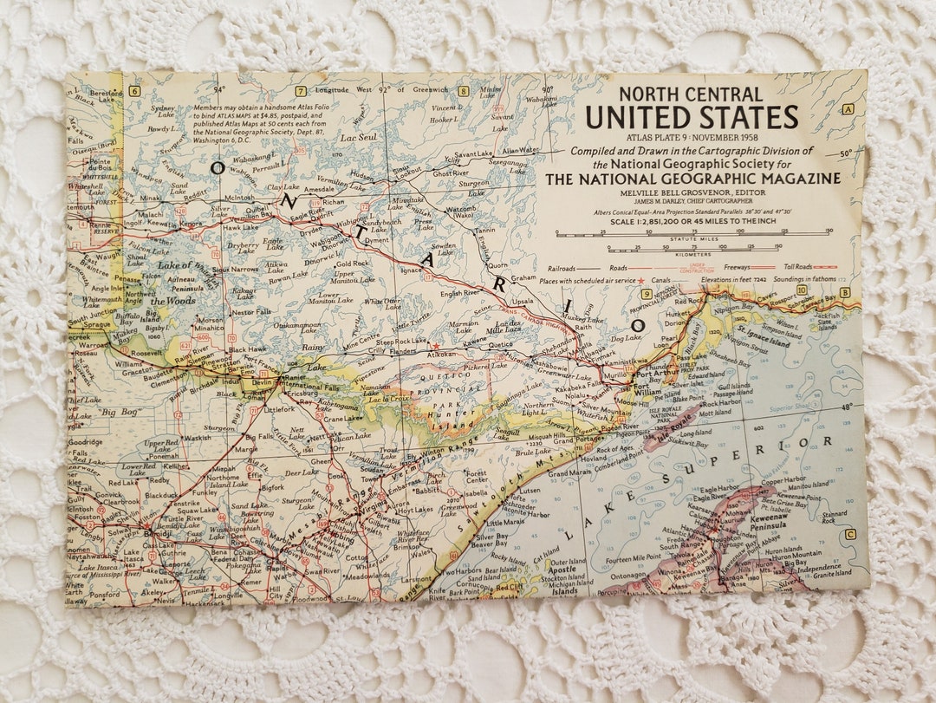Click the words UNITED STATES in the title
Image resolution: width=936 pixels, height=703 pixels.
(x=692, y=116)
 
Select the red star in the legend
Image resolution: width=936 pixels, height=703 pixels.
(x=640, y=281)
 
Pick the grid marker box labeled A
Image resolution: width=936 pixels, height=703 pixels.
(x=848, y=109)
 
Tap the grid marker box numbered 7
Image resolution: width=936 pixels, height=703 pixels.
(x=301, y=91)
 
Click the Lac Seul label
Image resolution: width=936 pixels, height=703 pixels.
(x=358, y=137)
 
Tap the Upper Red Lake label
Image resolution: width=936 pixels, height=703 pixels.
(x=162, y=446)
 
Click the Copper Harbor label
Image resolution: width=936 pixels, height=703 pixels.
(x=783, y=479)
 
